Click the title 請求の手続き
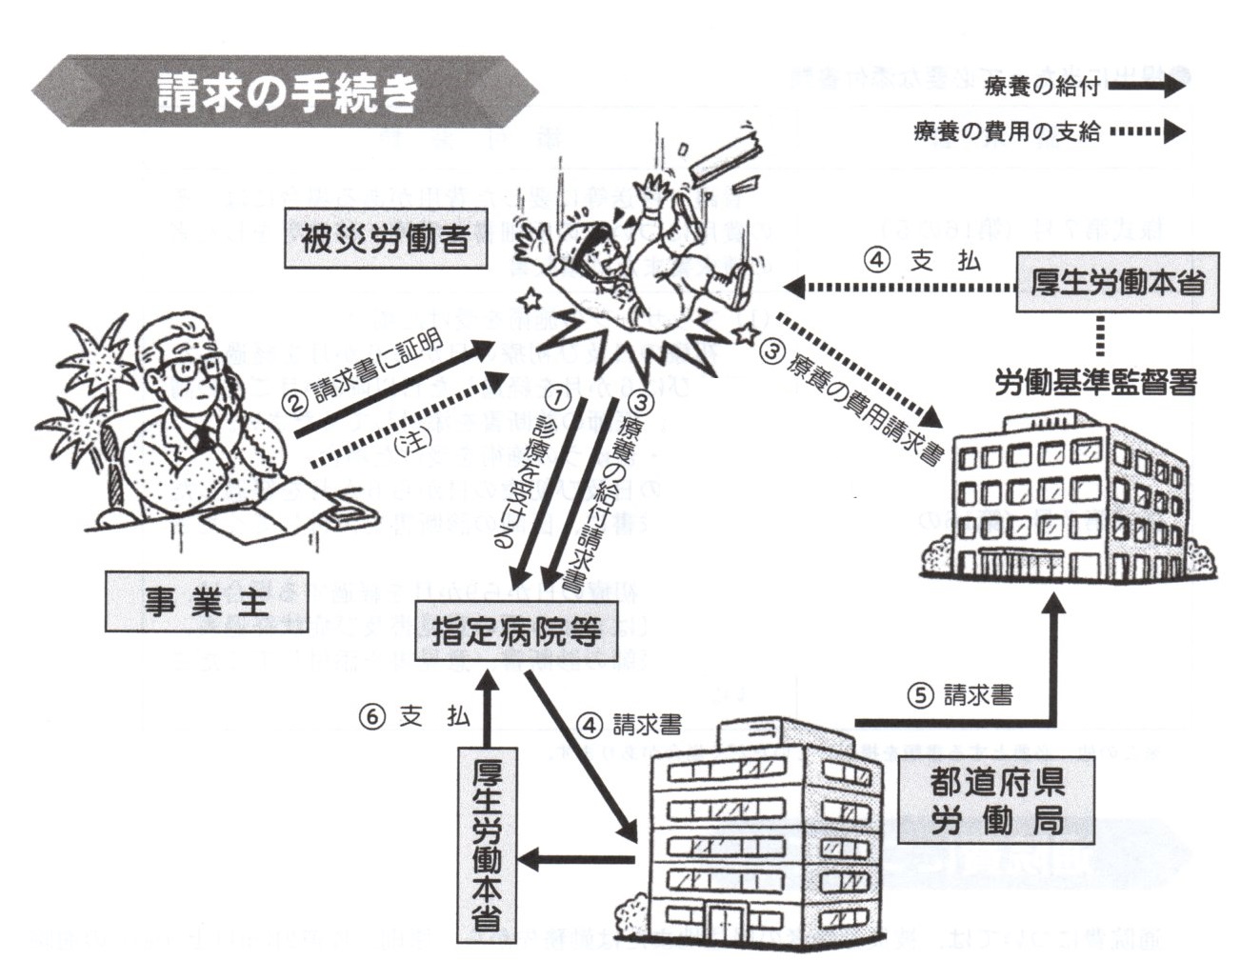(287, 92)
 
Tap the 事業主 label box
(207, 602)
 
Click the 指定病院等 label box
(515, 631)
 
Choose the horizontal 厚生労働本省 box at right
(1116, 282)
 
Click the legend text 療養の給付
(1042, 87)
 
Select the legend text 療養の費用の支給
(1007, 132)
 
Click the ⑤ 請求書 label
(960, 696)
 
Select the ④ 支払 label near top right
(922, 260)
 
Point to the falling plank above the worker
(726, 155)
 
